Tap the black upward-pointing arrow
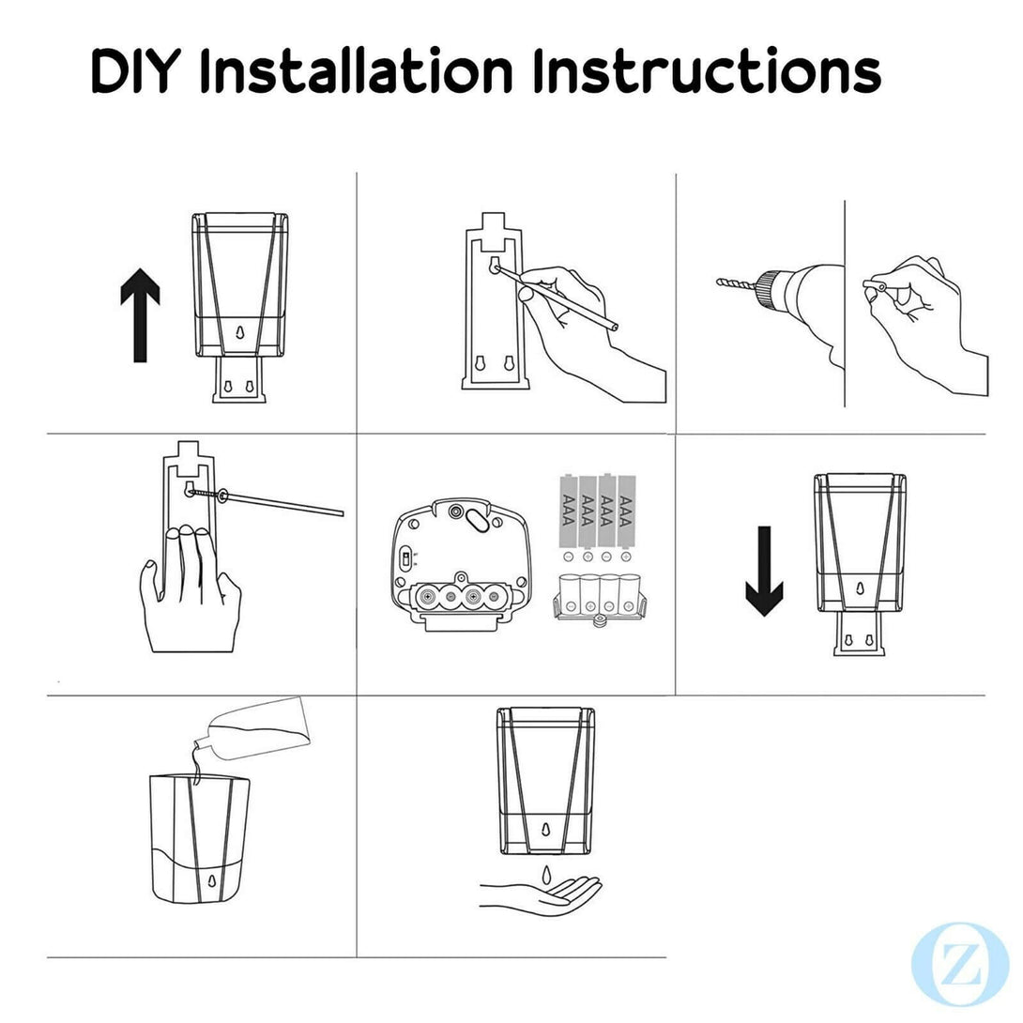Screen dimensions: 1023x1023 click(140, 314)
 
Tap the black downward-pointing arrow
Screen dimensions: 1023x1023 click(764, 571)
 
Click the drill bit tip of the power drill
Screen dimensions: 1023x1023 click(720, 282)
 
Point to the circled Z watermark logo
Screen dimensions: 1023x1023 click(960, 965)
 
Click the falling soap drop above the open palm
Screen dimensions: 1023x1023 click(546, 873)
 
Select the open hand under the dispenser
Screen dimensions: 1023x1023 click(541, 895)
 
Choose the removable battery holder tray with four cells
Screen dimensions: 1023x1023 click(598, 598)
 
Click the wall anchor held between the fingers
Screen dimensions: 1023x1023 click(874, 285)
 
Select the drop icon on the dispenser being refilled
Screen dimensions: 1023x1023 click(211, 880)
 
